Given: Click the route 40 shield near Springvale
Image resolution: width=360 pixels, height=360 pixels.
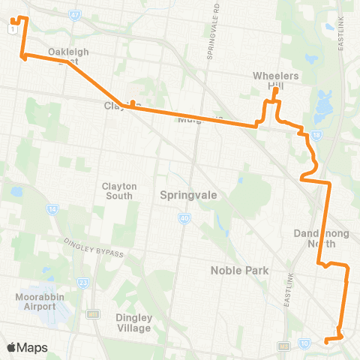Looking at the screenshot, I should [x=184, y=218].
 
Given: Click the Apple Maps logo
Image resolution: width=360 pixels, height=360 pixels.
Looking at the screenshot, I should [x=28, y=347].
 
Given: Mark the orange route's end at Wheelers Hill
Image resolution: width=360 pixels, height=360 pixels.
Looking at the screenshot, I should [x=276, y=91].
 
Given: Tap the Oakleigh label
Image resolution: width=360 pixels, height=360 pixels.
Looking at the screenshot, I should [x=69, y=52].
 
